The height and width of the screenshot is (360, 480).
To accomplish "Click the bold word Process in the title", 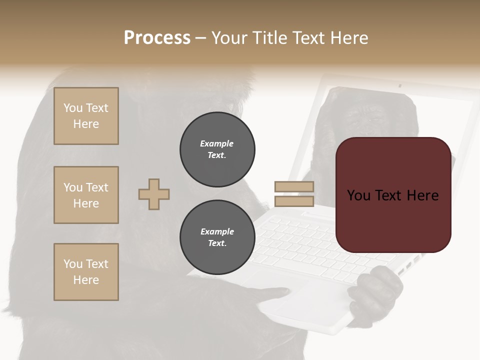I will [x=157, y=38].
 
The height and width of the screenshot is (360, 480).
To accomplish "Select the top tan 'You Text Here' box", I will [x=86, y=116].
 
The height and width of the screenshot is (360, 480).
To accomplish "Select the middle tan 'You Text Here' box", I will [x=86, y=195].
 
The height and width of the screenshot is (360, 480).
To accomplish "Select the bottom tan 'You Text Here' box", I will [x=86, y=272].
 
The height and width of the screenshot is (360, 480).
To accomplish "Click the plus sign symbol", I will [x=154, y=194].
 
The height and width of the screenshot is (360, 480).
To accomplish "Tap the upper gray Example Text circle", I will [x=217, y=149].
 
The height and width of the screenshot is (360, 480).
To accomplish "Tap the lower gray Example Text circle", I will [x=217, y=237].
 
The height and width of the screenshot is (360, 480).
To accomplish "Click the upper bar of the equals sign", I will [x=294, y=186].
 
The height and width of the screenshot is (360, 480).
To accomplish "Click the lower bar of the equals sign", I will [x=294, y=201].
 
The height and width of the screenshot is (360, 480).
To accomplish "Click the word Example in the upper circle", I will [x=216, y=143].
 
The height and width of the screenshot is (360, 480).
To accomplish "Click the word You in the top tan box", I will [x=73, y=108].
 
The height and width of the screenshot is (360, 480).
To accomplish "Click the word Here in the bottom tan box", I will [x=86, y=280].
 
